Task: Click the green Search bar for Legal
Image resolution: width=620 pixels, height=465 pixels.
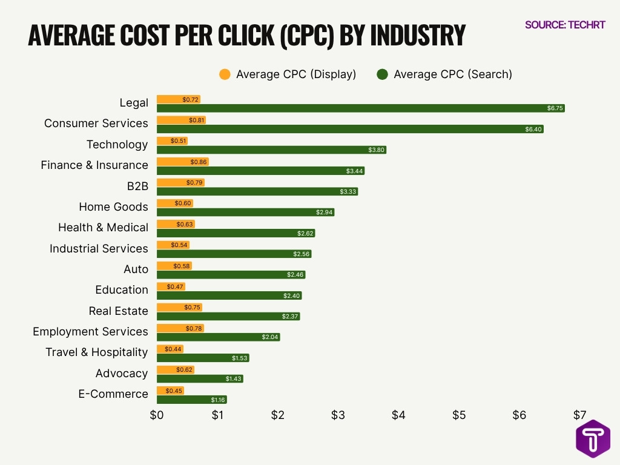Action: pos(360,108)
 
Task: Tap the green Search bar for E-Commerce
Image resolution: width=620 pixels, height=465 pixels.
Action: pos(191,400)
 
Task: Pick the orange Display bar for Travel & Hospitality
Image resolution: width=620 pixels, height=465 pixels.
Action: pos(170,349)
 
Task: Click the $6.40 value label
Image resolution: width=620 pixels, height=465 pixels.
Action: pos(534,129)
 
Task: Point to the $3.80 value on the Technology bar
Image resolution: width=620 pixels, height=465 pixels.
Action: pos(376,150)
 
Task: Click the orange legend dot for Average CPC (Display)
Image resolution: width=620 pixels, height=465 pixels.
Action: pos(225,74)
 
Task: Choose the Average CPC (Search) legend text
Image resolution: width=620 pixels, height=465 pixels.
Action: pos(452,74)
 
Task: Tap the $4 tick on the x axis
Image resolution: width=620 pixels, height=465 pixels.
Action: pos(398,415)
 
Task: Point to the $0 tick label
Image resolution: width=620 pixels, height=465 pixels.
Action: pos(157,415)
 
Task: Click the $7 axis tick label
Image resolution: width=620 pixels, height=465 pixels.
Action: pos(579,415)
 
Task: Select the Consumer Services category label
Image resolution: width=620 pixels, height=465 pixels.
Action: pos(96,124)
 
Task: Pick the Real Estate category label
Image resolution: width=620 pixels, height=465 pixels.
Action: pos(118,311)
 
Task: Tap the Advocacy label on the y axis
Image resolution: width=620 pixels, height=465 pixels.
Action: pos(121,373)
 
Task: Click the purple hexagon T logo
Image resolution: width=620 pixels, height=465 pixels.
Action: pos(592,438)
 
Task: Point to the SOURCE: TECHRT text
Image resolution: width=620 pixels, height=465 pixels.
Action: pos(565,25)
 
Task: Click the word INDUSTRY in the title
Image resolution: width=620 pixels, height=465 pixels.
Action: pos(418,36)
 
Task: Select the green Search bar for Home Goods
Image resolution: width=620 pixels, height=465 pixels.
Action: pos(245,213)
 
